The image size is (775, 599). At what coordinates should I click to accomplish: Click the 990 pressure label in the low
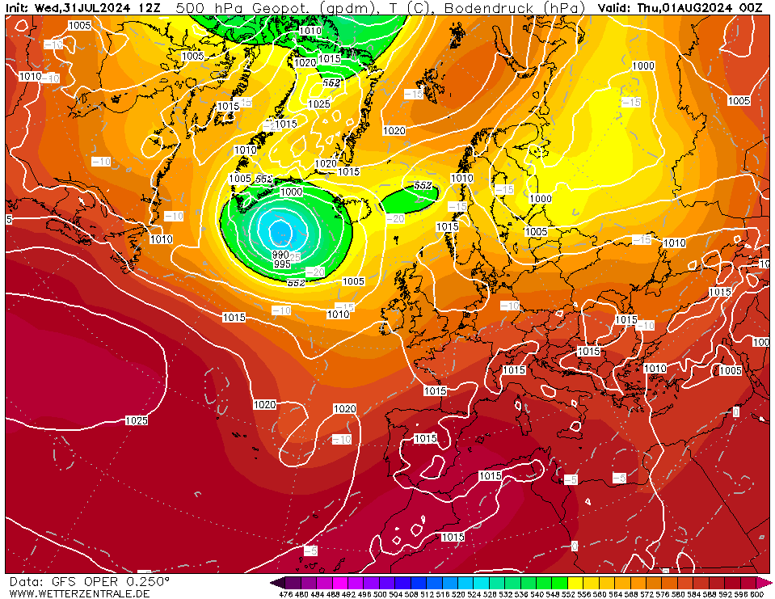click(280, 255)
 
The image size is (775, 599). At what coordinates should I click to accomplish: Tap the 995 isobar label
click(282, 264)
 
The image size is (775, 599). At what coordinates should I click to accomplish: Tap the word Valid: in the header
click(617, 7)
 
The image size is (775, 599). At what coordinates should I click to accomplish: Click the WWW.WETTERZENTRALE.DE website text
click(79, 593)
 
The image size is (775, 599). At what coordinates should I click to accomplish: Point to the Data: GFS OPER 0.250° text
click(89, 581)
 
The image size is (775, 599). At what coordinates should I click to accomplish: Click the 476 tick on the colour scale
click(285, 594)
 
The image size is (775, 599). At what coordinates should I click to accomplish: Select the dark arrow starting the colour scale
click(277, 582)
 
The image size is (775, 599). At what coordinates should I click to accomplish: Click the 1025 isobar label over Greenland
click(319, 103)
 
